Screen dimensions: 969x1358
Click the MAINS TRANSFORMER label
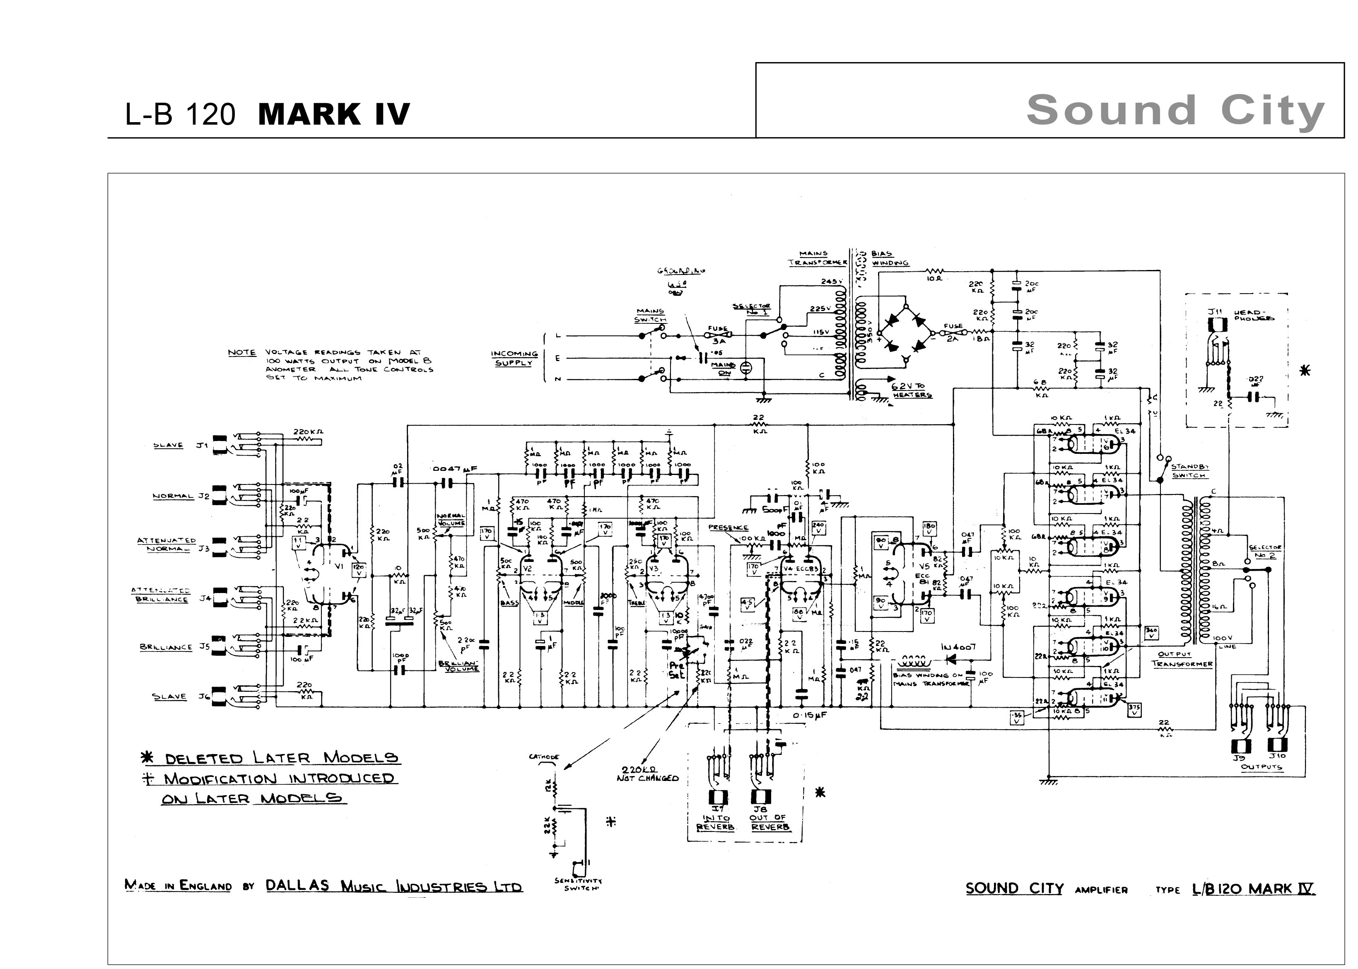click(817, 258)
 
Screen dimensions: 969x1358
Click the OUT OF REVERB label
click(767, 822)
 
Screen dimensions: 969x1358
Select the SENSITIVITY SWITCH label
click(578, 884)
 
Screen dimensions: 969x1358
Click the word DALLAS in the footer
click(297, 885)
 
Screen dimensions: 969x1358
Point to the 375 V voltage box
click(1134, 708)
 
